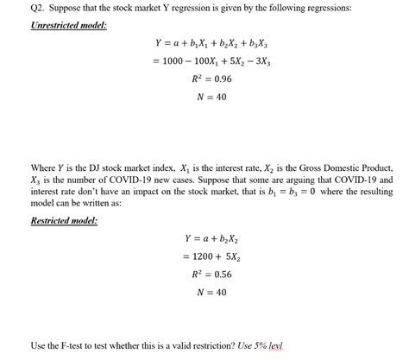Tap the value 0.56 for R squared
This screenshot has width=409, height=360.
(213, 275)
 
